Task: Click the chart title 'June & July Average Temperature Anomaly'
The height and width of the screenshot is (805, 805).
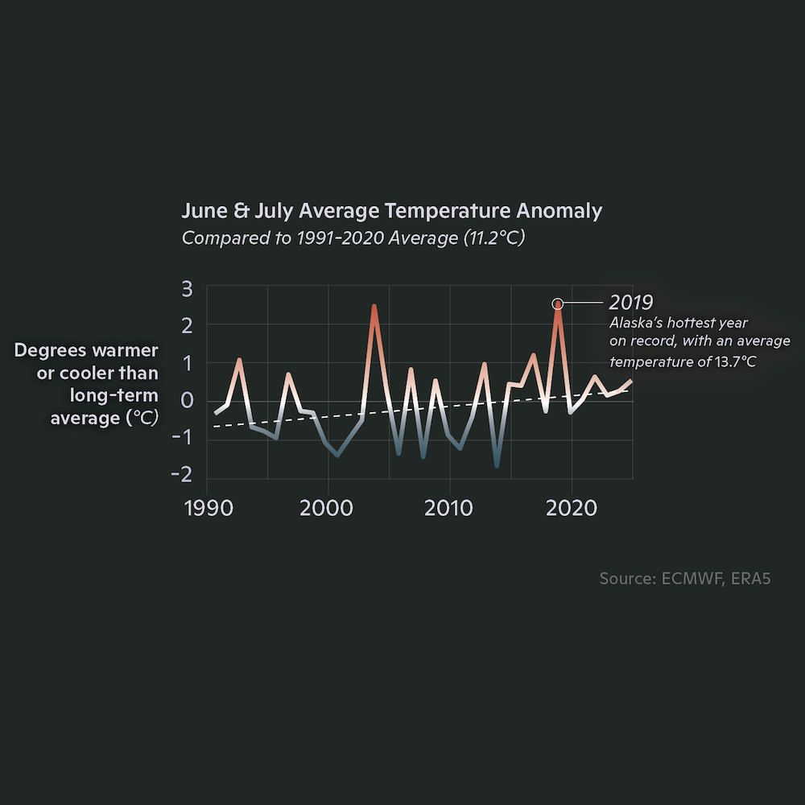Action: pos(391,211)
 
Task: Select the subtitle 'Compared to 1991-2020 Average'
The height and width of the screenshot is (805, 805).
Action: pos(353,238)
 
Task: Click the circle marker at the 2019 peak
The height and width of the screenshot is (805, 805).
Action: pos(557,303)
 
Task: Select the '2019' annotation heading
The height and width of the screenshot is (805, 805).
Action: pos(630,303)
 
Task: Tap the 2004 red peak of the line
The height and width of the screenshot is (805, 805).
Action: pos(374,307)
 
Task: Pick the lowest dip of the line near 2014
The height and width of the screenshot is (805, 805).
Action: pos(497,464)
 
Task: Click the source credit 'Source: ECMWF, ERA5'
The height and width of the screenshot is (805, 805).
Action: pos(684,579)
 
